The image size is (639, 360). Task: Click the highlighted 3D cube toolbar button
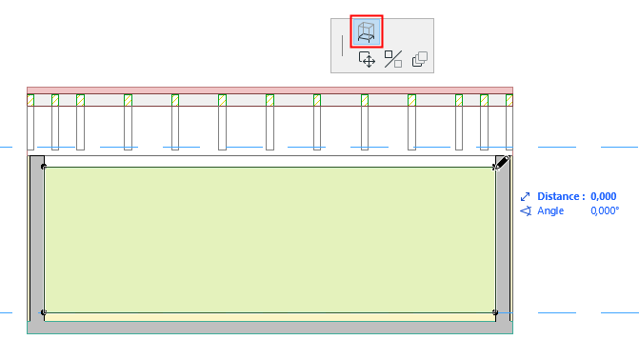point(367,31)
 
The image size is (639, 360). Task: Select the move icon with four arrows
point(367,60)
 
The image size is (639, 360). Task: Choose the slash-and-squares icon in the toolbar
point(393,59)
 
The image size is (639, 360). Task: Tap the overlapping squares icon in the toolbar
point(420,59)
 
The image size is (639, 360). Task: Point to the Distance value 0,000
point(604,196)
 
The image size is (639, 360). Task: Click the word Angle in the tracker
point(550,210)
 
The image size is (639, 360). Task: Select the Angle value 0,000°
point(605,210)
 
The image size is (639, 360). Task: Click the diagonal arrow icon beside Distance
point(526,197)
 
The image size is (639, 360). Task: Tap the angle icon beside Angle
point(526,210)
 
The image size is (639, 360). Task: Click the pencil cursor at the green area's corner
point(501,163)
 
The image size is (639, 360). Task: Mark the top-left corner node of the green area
point(44,167)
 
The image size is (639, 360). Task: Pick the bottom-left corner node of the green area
point(44,312)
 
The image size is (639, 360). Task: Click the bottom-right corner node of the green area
point(495,312)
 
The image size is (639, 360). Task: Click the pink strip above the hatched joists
point(270,90)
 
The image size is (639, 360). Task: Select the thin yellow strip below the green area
point(270,317)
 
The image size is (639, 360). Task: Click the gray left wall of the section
point(37,238)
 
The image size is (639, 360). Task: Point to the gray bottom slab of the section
point(270,328)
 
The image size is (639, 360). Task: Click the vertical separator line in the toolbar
point(342,46)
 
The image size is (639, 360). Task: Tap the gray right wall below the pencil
point(503,245)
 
